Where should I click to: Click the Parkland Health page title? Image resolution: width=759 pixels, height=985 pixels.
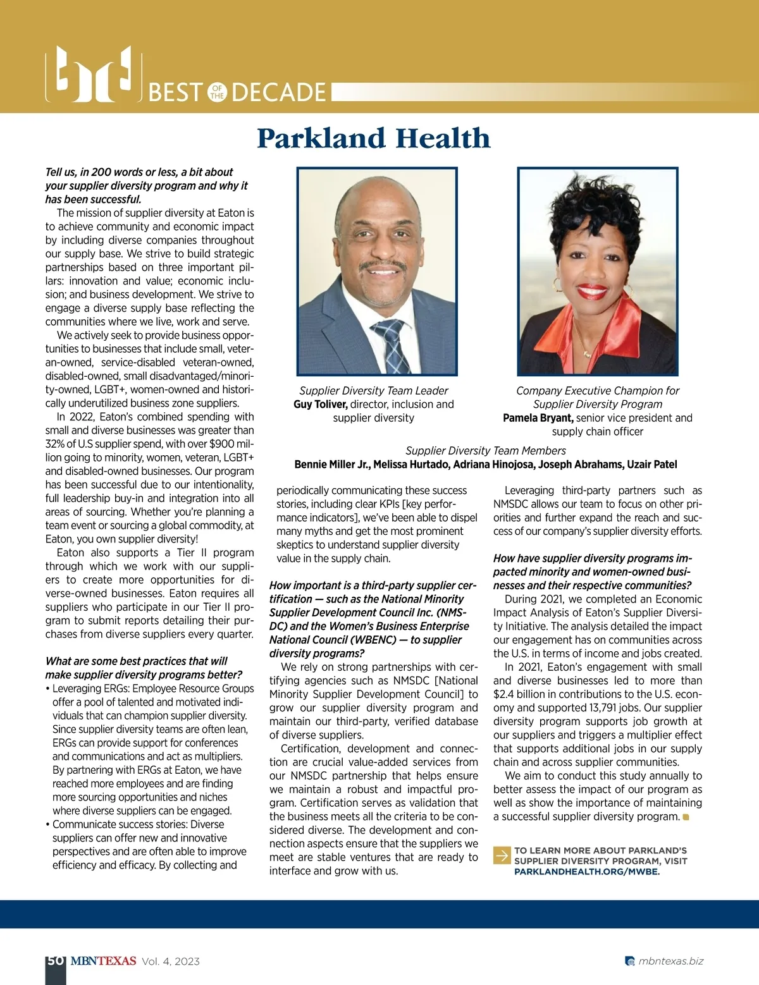pyautogui.click(x=374, y=138)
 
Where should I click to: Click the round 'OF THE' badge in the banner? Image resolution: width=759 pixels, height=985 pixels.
pyautogui.click(x=218, y=92)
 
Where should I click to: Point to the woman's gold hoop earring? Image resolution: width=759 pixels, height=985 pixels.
pyautogui.click(x=557, y=286)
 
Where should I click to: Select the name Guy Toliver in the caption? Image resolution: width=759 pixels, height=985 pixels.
pyautogui.click(x=321, y=405)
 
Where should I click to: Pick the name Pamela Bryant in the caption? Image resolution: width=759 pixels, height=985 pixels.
pyautogui.click(x=538, y=418)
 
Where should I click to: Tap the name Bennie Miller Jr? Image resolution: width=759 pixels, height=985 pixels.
pyautogui.click(x=332, y=465)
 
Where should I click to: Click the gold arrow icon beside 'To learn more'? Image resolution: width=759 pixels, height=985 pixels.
pyautogui.click(x=502, y=855)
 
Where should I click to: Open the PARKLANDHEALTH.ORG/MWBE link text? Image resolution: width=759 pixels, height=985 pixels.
pyautogui.click(x=587, y=872)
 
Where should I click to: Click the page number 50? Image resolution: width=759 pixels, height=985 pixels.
pyautogui.click(x=55, y=961)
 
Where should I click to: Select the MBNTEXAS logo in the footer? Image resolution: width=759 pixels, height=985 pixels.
pyautogui.click(x=103, y=961)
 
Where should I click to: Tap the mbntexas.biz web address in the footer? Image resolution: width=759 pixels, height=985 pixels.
pyautogui.click(x=670, y=962)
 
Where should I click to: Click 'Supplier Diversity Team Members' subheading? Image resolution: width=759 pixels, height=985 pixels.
pyautogui.click(x=486, y=451)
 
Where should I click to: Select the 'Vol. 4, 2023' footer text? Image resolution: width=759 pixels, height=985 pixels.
pyautogui.click(x=171, y=962)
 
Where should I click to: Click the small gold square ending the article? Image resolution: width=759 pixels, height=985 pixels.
pyautogui.click(x=686, y=817)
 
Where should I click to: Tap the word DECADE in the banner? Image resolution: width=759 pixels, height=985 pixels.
pyautogui.click(x=279, y=93)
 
